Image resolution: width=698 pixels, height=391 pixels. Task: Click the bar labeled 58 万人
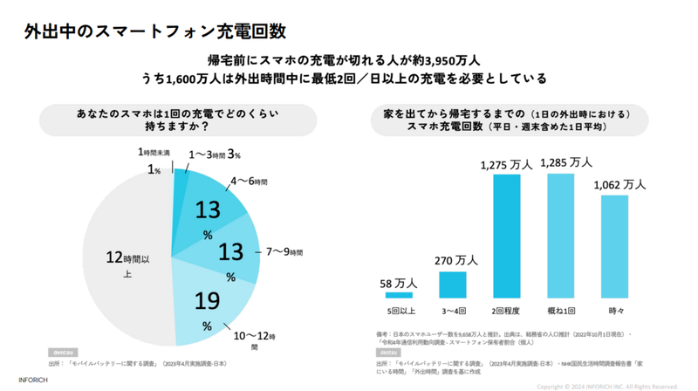pyautogui.click(x=400, y=295)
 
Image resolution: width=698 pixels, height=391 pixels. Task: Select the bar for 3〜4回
pyautogui.click(x=452, y=285)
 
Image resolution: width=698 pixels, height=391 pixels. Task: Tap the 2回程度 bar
pyautogui.click(x=507, y=236)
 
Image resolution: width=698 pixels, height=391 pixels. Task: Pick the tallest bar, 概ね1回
pyautogui.click(x=560, y=235)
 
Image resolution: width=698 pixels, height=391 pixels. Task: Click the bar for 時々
pyautogui.click(x=614, y=246)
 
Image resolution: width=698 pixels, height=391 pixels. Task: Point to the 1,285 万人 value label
pyautogui.click(x=566, y=162)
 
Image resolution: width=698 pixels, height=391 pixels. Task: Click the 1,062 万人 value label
pyautogui.click(x=619, y=184)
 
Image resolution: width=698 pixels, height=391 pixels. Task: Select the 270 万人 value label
pyautogui.click(x=455, y=260)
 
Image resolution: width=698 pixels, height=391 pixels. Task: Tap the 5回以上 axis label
pyautogui.click(x=400, y=312)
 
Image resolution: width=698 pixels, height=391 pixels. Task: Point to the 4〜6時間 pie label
pyautogui.click(x=250, y=182)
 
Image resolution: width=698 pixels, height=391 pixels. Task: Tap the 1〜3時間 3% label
pyautogui.click(x=215, y=155)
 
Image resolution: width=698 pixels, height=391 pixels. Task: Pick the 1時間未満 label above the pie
pyautogui.click(x=154, y=152)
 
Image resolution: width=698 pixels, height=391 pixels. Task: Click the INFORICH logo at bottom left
pyautogui.click(x=33, y=380)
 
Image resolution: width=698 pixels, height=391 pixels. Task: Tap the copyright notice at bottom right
pyautogui.click(x=607, y=386)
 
